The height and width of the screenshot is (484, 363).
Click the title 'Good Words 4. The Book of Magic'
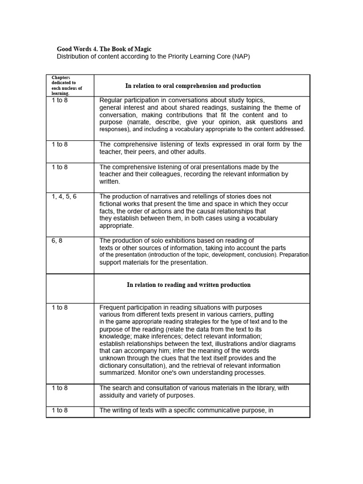click(104, 49)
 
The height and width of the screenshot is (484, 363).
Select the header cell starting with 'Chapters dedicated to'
click(67, 85)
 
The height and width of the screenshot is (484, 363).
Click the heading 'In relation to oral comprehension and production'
click(193, 86)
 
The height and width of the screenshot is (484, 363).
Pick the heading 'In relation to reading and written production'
click(189, 285)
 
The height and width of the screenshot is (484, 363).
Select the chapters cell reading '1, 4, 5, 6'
click(64, 197)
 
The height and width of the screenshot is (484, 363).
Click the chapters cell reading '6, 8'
click(57, 241)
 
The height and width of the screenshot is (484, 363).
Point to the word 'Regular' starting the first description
click(112, 100)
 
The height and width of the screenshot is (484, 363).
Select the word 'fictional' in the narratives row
click(112, 204)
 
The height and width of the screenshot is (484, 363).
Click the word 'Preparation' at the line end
click(294, 255)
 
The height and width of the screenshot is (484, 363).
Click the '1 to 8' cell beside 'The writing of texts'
click(60, 410)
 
